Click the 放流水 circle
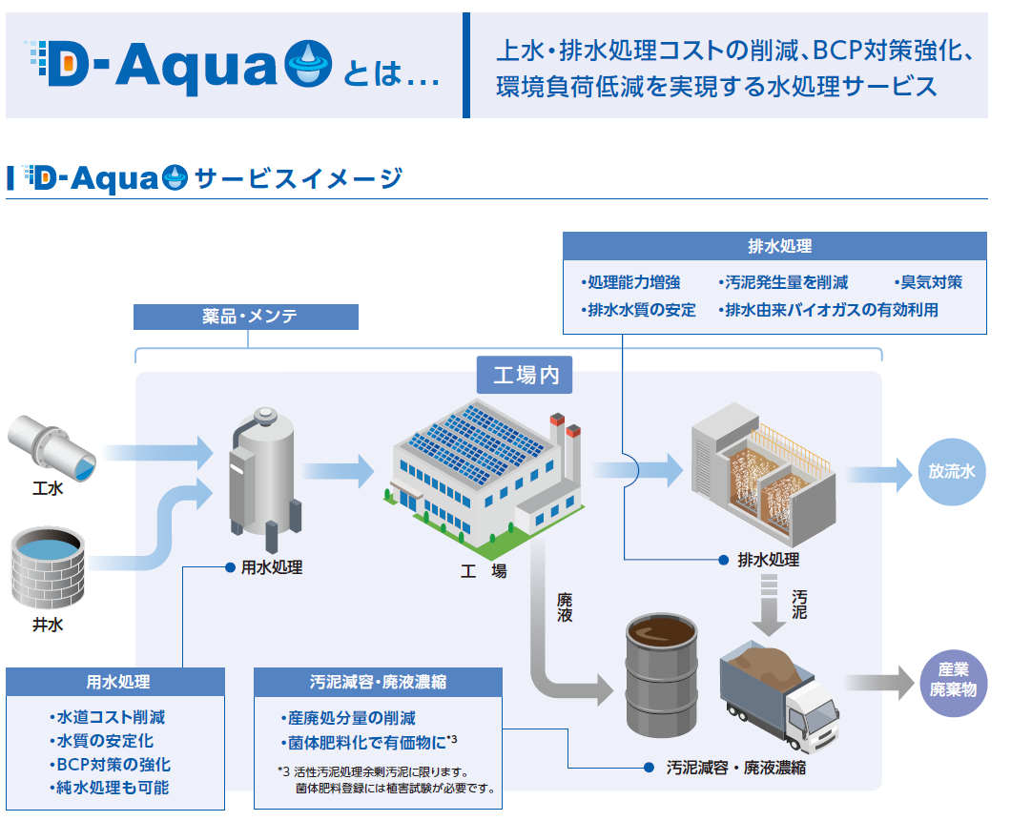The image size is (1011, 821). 952,472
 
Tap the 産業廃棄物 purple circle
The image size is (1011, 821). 953,683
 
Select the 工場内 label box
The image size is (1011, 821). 525,375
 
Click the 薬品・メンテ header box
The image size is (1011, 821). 246,317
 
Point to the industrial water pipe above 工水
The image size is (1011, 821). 52,447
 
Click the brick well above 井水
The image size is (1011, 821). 49,567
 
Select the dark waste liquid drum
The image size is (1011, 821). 662,675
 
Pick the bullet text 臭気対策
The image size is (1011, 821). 928,282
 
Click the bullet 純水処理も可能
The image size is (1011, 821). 109,788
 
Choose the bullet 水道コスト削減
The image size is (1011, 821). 107,717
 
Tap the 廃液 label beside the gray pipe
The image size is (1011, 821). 565,607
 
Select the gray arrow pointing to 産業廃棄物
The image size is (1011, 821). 880,683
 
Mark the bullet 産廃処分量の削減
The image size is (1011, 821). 348,718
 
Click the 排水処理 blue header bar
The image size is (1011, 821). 774,246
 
